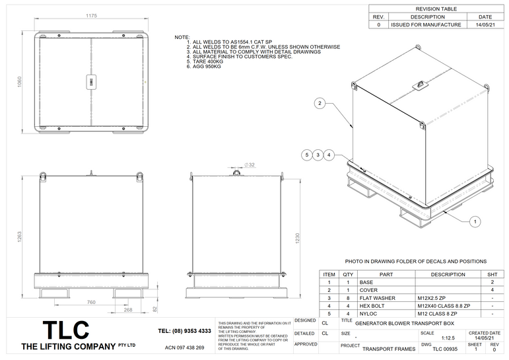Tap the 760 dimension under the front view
click(x=91, y=302)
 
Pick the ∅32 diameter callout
click(x=250, y=164)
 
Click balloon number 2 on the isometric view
click(x=319, y=103)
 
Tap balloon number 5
click(x=306, y=155)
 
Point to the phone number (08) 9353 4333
click(x=185, y=331)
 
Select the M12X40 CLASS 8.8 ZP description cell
click(x=444, y=306)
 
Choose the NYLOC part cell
click(x=368, y=314)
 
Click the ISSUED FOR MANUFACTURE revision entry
click(x=426, y=24)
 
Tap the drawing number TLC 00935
click(x=446, y=349)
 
